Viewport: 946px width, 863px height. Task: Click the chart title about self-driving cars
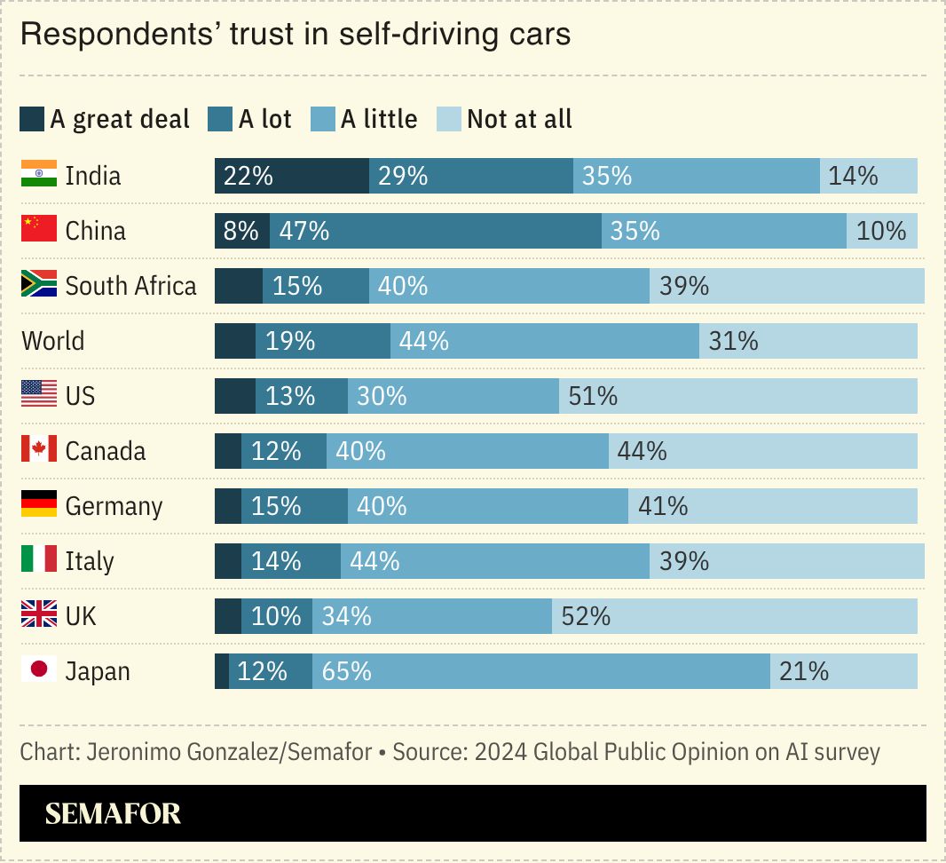click(295, 35)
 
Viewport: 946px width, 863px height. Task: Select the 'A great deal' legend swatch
click(32, 119)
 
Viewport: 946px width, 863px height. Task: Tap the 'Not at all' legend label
click(519, 119)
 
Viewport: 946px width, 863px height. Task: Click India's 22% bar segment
click(291, 176)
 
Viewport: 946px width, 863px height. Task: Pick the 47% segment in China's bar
click(435, 231)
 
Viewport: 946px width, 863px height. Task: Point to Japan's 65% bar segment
click(540, 671)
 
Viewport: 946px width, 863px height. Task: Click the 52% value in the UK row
click(586, 616)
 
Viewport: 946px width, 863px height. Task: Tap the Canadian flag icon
click(38, 449)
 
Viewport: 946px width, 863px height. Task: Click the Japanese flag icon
click(38, 669)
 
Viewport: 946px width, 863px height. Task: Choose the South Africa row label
click(130, 286)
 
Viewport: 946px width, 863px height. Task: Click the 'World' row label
click(53, 341)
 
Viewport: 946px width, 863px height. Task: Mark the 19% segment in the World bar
click(322, 341)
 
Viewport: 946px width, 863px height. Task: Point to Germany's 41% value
click(663, 506)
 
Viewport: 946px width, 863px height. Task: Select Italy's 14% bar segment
click(290, 561)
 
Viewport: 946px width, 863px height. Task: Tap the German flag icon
click(38, 504)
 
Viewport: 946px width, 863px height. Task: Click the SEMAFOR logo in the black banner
click(113, 813)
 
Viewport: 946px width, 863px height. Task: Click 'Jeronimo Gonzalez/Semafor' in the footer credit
click(229, 752)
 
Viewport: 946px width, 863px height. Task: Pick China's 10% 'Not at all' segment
click(881, 231)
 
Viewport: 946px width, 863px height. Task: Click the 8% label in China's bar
click(241, 231)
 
